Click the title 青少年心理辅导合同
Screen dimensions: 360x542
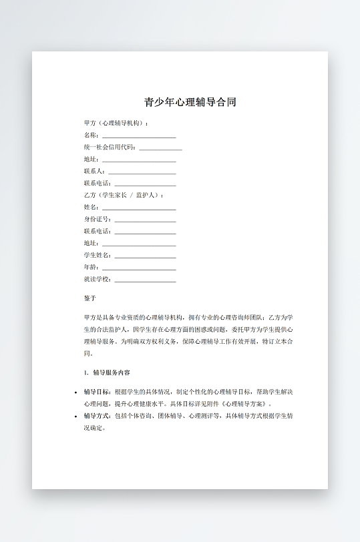click(x=190, y=102)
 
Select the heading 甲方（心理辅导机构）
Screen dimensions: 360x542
click(x=115, y=123)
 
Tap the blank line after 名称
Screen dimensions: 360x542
click(x=139, y=135)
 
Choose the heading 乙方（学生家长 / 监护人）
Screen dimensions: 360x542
click(x=122, y=195)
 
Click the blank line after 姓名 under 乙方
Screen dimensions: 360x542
click(x=139, y=208)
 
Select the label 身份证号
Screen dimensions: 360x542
click(x=97, y=219)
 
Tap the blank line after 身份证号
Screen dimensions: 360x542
click(x=145, y=220)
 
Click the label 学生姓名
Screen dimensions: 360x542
click(x=97, y=255)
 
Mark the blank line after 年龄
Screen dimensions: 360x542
click(x=139, y=268)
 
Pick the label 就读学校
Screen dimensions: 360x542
click(x=97, y=279)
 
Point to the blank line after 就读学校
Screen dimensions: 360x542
click(x=145, y=280)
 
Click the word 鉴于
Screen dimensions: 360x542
click(x=90, y=298)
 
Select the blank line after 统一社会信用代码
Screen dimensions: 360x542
click(x=160, y=148)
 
